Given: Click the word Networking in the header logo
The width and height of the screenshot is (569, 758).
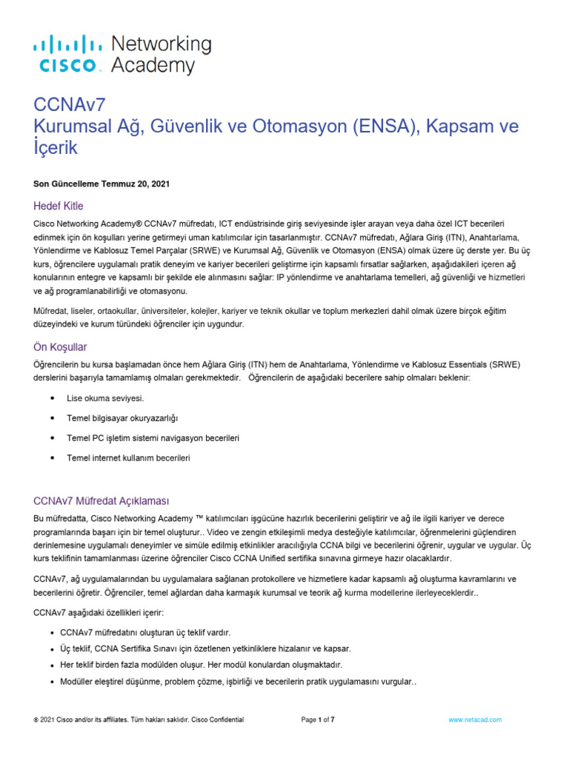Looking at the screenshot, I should [161, 43].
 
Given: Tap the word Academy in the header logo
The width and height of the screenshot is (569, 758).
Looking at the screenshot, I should [153, 66].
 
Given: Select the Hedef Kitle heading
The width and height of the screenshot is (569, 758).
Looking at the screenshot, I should [59, 205].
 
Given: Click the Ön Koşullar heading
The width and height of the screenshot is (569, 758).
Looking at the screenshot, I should [61, 346].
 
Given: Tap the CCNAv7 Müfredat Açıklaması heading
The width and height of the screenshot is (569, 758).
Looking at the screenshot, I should [102, 500].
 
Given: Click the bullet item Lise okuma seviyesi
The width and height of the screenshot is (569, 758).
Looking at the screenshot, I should [105, 398].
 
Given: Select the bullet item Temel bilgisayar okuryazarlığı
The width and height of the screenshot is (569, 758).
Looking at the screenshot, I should [122, 417].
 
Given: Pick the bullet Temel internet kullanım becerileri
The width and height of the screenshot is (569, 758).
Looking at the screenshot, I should [128, 457].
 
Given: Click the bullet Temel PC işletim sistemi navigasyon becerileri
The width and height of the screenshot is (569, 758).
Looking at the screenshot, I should [153, 437].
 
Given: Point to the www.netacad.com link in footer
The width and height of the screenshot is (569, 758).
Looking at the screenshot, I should [475, 720].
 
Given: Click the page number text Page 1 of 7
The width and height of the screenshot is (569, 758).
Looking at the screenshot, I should [318, 720].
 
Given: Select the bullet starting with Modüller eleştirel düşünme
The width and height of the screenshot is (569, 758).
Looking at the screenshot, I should [238, 681].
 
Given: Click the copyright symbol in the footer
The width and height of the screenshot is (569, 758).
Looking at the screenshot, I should [36, 720].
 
